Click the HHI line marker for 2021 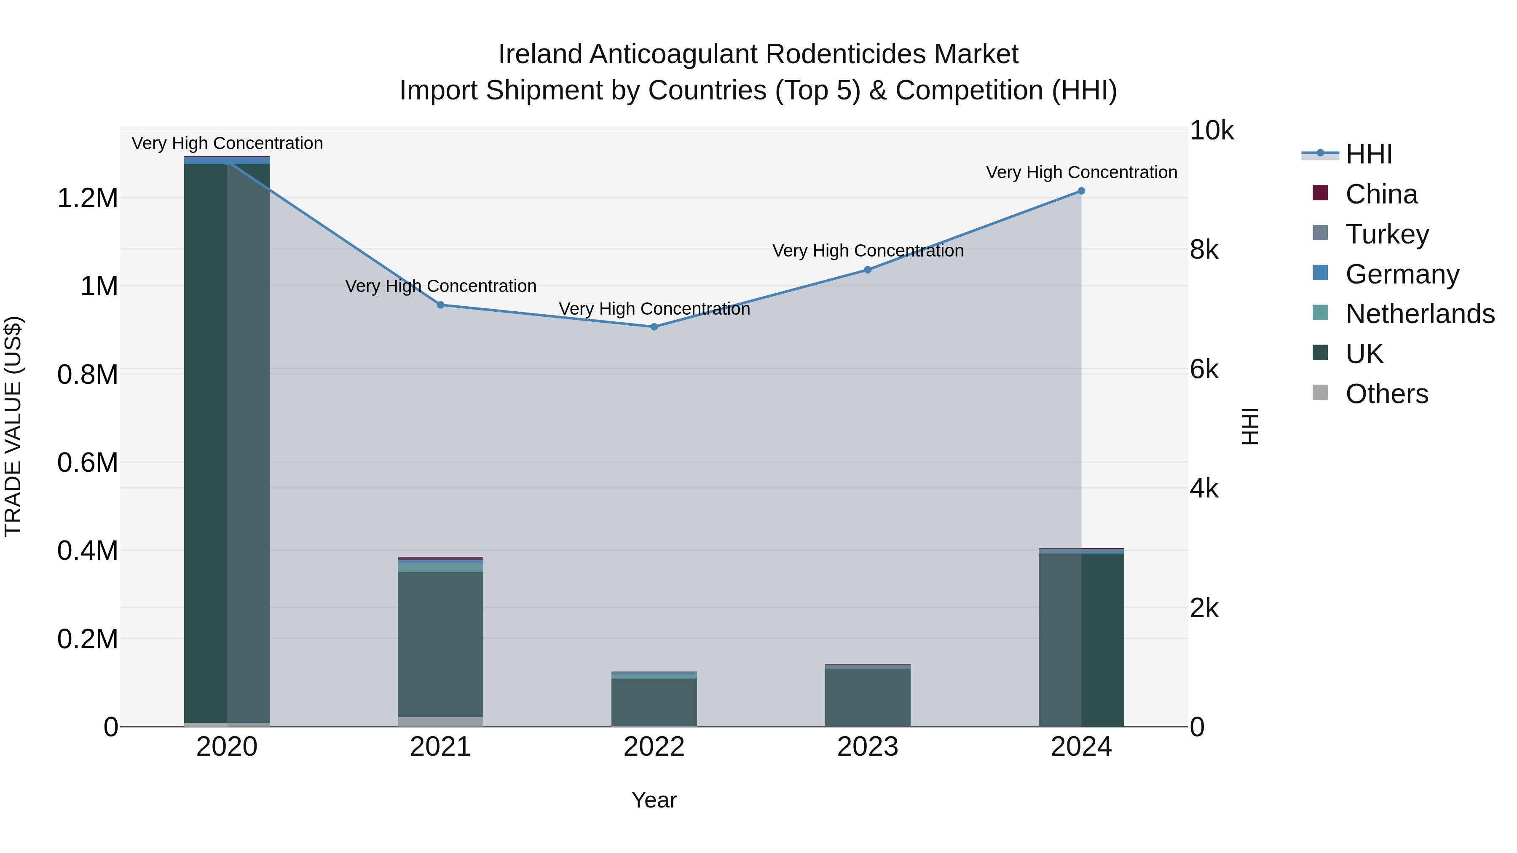[x=440, y=305]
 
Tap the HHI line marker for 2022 [x=654, y=327]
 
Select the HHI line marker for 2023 [x=868, y=270]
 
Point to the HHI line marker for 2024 [x=1081, y=191]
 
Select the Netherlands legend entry [x=1419, y=314]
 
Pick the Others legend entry [x=1386, y=394]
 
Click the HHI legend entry [x=1369, y=154]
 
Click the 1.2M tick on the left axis [x=87, y=198]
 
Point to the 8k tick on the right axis [x=1204, y=250]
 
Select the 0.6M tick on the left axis [x=87, y=463]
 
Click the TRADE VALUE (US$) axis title [x=13, y=426]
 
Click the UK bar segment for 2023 [x=868, y=698]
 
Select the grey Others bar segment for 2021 [x=440, y=722]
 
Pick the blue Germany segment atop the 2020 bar [x=227, y=160]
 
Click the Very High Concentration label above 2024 [x=1081, y=172]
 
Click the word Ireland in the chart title [x=541, y=54]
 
